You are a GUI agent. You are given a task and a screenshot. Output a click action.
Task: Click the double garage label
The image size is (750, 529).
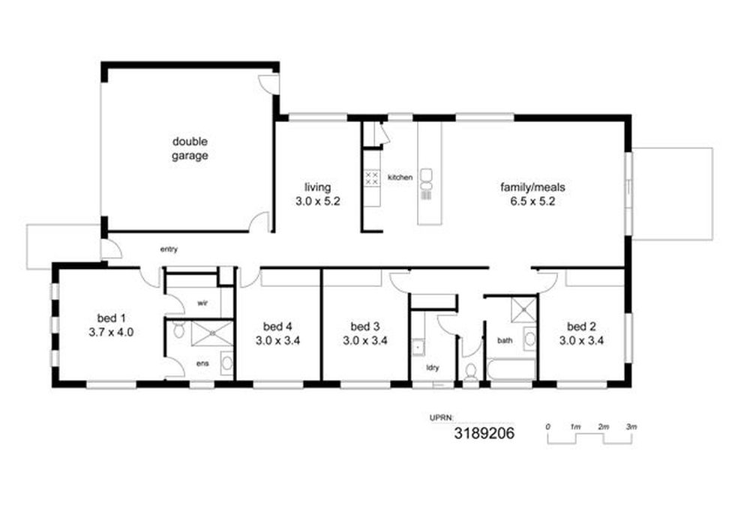(190, 148)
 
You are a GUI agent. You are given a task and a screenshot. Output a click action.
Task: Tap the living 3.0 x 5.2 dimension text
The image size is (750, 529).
(317, 202)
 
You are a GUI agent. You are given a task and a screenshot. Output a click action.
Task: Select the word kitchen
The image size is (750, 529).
(400, 178)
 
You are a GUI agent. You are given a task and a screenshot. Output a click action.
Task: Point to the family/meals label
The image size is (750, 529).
(532, 187)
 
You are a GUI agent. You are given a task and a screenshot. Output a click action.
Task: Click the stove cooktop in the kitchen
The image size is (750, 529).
(372, 179)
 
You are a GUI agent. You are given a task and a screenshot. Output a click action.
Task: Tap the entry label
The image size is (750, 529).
(169, 250)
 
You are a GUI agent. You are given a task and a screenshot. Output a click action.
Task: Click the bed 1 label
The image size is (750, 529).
(112, 318)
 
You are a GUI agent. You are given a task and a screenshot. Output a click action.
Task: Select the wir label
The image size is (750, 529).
(202, 303)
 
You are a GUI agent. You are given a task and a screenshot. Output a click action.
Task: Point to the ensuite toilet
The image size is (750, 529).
(179, 329)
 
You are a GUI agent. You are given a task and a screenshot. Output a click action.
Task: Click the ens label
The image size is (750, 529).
(202, 363)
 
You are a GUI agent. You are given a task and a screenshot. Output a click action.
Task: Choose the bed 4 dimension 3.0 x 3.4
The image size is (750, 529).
(277, 341)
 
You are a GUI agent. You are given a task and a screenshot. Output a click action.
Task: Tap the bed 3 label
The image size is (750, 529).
(365, 327)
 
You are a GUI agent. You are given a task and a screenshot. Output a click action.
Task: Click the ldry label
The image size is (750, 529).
(433, 368)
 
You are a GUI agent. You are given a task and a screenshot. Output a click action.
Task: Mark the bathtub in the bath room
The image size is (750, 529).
(510, 369)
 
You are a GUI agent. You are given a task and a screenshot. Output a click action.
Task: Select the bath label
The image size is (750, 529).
(505, 341)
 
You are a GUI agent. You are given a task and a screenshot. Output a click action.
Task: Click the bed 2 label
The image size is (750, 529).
(581, 327)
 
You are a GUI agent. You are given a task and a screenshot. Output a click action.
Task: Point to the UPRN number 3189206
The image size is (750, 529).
(484, 433)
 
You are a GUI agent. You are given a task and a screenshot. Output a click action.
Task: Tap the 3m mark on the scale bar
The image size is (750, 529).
(631, 427)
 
